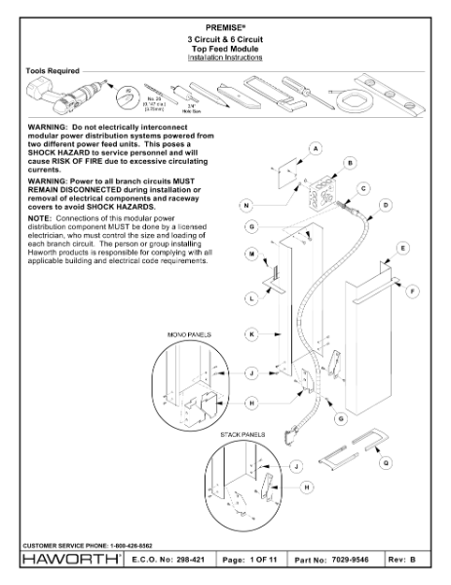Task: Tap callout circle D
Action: pos(386,206)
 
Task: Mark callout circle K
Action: pos(251,333)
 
